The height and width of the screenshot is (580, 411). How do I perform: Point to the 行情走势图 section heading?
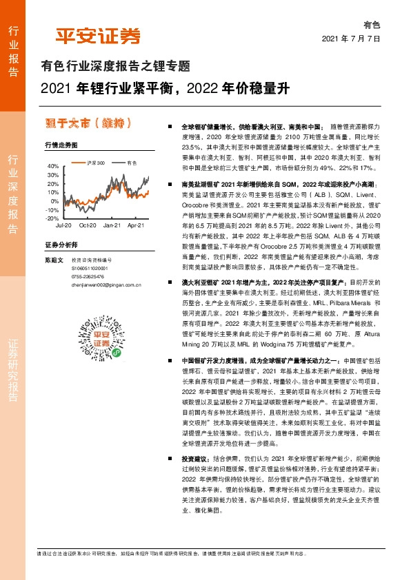click(x=61, y=145)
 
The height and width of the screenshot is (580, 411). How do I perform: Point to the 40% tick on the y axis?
click(x=53, y=167)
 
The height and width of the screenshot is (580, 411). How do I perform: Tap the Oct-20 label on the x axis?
click(x=88, y=225)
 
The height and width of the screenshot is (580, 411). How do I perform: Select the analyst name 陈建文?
click(x=54, y=259)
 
